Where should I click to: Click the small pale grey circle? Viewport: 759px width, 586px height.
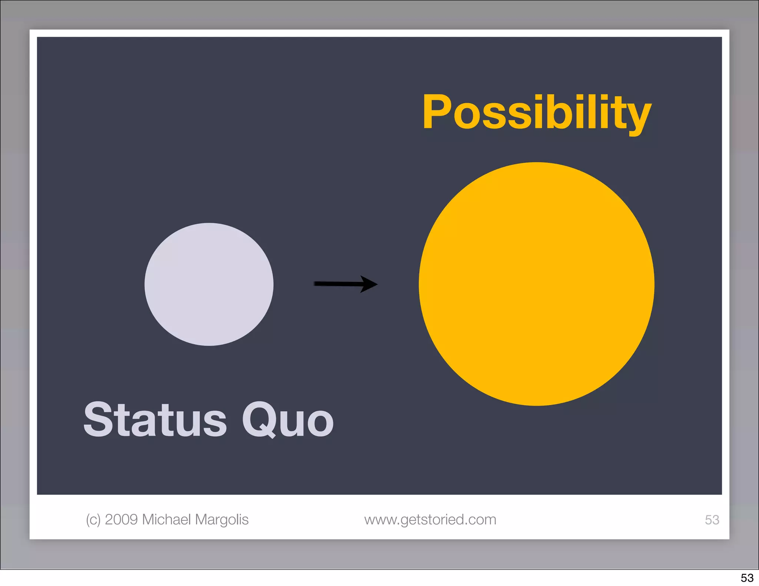click(209, 284)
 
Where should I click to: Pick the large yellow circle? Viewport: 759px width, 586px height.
click(536, 284)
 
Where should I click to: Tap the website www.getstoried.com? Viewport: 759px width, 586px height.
click(430, 520)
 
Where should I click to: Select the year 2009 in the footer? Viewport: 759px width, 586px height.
click(121, 520)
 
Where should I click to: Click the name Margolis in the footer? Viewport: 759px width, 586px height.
click(222, 520)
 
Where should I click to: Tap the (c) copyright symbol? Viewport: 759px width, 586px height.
click(93, 520)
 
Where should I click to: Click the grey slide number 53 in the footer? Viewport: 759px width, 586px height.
click(712, 520)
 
